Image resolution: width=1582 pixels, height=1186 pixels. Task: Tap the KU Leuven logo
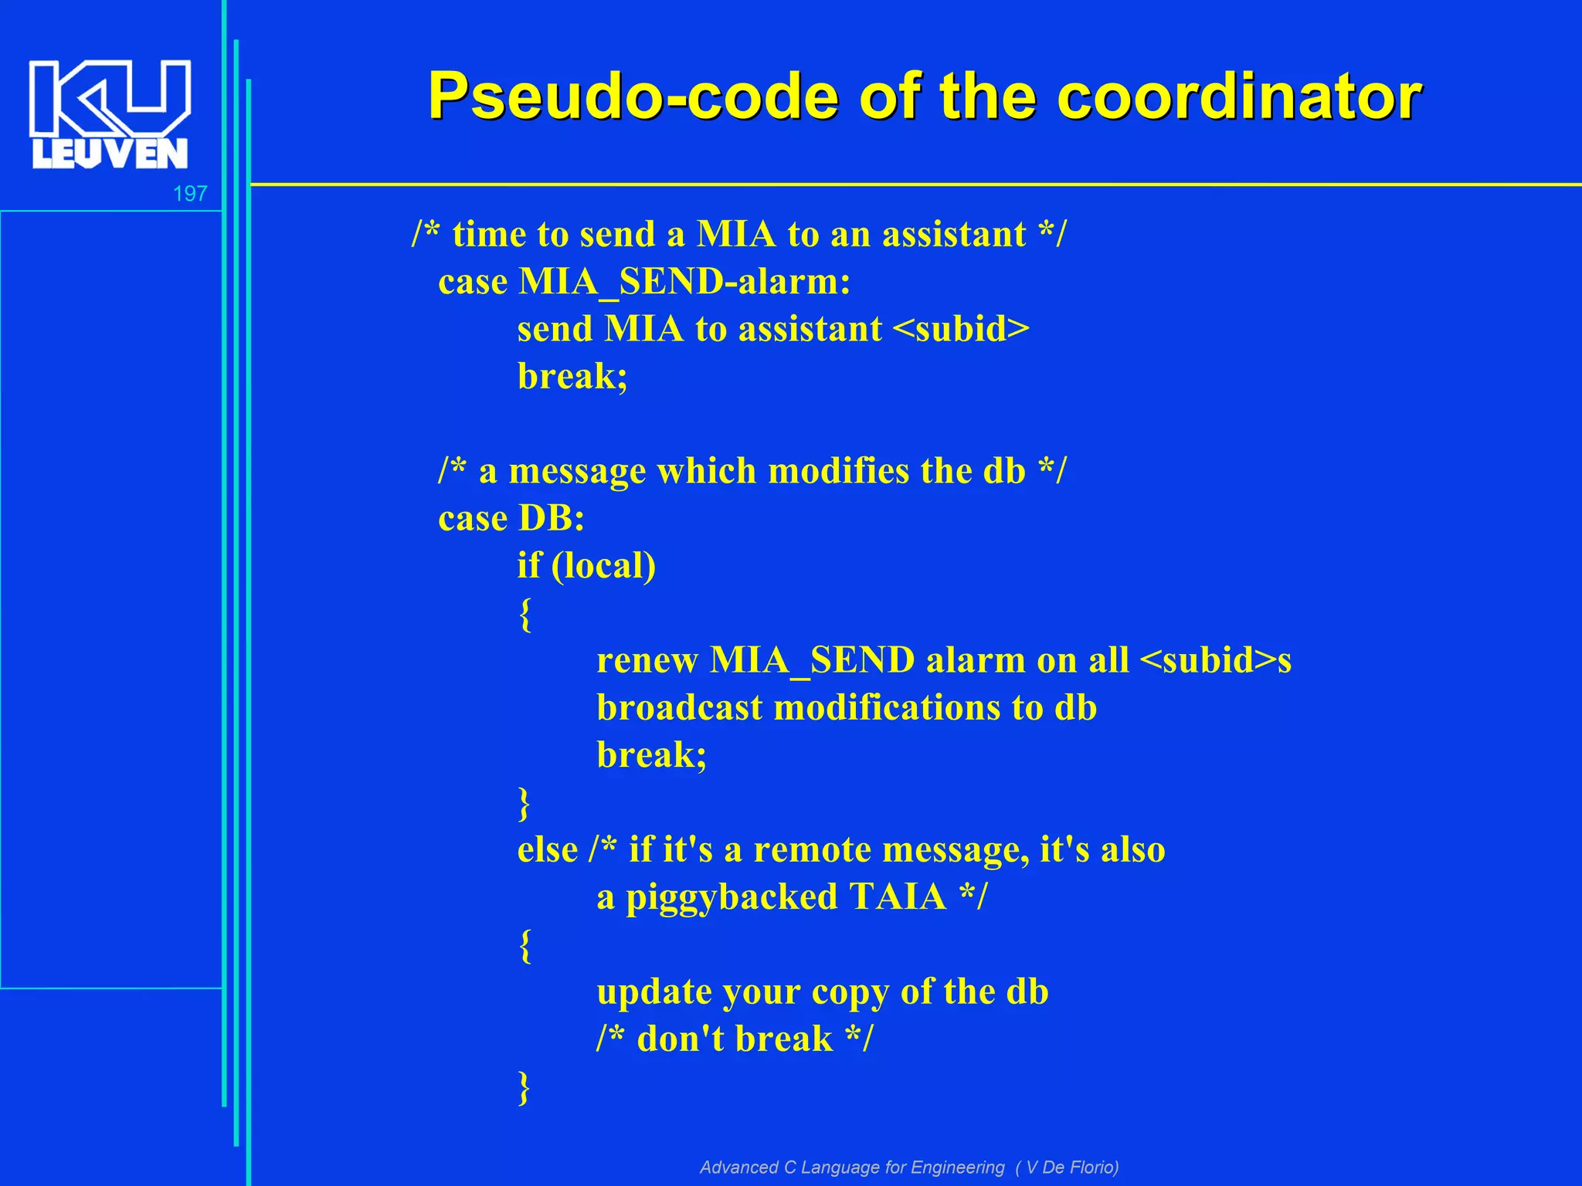click(x=110, y=114)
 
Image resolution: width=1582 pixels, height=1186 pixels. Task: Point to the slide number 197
click(x=190, y=193)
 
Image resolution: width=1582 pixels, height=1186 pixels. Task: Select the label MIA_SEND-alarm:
click(x=684, y=281)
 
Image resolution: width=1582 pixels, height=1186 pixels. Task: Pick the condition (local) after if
click(x=603, y=565)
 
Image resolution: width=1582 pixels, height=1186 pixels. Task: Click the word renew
click(x=647, y=661)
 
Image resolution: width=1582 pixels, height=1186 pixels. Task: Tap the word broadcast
click(x=680, y=708)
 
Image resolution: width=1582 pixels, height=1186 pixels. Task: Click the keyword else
click(x=548, y=849)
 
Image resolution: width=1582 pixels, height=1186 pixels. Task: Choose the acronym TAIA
click(x=898, y=897)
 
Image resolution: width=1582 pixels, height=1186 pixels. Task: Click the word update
click(x=654, y=992)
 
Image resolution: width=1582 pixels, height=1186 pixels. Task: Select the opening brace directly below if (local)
click(x=525, y=614)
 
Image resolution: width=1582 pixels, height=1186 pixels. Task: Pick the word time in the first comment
click(x=489, y=234)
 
